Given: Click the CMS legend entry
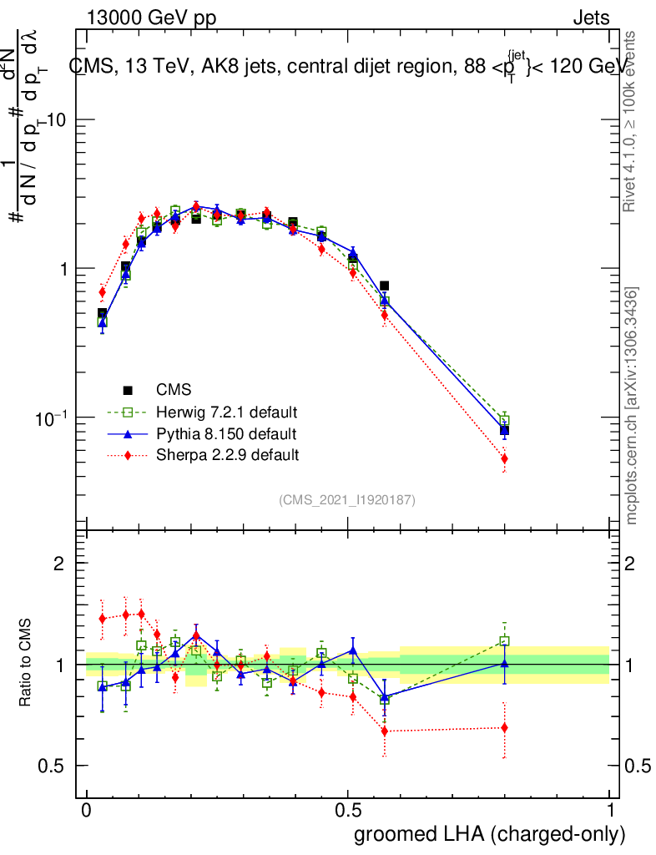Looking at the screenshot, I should pos(173,390).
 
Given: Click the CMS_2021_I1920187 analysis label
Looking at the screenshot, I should pos(347,500).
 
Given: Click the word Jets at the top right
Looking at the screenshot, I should pos(591,18).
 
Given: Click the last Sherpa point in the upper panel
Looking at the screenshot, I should pos(504,458).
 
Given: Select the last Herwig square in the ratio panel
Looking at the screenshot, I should pos(504,641).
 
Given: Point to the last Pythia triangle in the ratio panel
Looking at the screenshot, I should pos(504,663).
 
